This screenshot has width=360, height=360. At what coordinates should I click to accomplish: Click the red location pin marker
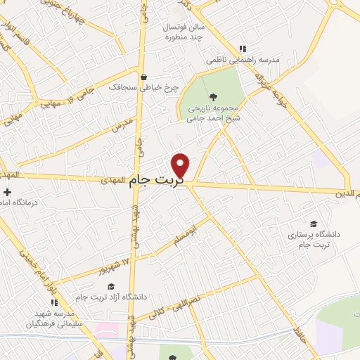tap(181, 165)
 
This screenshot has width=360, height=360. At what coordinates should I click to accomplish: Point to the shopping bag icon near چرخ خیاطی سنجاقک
tap(144, 77)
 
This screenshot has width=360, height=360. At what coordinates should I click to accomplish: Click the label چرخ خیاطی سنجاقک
tap(144, 88)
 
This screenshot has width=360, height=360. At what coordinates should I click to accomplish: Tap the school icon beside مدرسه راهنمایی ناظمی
tap(243, 49)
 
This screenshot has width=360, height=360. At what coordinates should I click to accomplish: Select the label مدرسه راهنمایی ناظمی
tap(243, 60)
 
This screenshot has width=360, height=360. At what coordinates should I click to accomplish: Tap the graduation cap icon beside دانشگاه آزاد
tap(110, 286)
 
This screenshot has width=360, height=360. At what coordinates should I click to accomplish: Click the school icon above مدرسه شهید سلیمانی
tap(54, 302)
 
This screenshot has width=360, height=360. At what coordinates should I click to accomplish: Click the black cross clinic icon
tap(7, 192)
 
